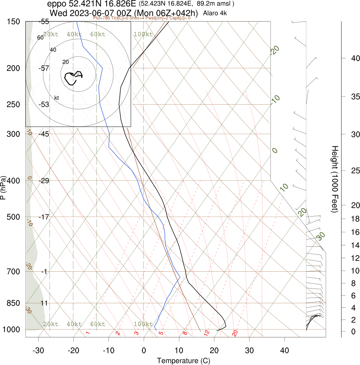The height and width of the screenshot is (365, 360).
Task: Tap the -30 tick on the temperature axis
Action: (38, 350)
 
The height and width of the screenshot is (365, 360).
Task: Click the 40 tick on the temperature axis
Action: (285, 350)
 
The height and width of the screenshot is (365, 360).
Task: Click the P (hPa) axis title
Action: (4, 187)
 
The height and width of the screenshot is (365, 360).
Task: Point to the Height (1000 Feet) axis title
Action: (334, 179)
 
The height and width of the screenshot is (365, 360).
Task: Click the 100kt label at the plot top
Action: (143, 34)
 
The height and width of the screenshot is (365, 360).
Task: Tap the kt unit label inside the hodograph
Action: (57, 97)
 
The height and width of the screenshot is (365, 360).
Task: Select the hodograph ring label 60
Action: (40, 38)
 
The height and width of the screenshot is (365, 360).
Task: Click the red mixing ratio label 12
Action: (207, 332)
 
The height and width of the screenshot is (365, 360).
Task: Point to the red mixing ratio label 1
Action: (88, 333)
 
